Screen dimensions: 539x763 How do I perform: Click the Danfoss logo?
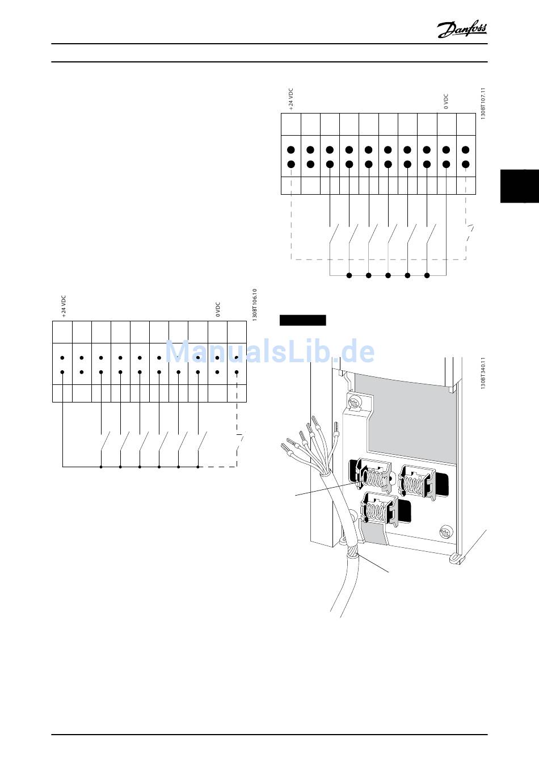462,29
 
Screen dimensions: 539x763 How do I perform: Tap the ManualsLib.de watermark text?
270,352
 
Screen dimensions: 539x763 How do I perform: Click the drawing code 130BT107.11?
483,103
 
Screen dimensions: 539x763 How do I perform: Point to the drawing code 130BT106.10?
254,305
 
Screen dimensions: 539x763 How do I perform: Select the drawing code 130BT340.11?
483,373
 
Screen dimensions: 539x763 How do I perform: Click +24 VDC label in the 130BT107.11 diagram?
291,98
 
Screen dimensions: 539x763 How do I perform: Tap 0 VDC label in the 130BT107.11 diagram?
446,102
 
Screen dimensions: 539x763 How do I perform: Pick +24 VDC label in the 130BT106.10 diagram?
64,305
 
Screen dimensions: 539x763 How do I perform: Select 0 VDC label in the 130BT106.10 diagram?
217,309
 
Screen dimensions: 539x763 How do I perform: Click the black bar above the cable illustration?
302,320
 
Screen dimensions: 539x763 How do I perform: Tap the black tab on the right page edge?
519,186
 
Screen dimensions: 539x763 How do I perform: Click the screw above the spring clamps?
355,404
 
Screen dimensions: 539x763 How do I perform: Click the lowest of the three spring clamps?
378,507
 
